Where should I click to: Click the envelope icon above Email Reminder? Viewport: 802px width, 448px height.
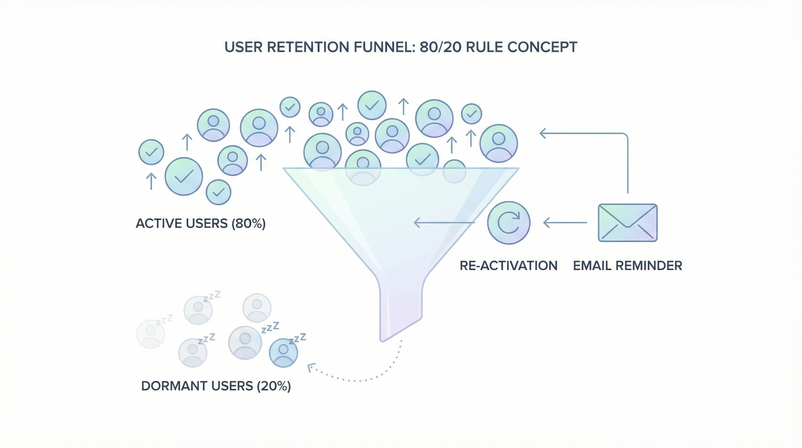pyautogui.click(x=628, y=223)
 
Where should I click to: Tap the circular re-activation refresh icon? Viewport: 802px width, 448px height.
pyautogui.click(x=509, y=223)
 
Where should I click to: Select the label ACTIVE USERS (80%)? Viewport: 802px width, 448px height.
pyautogui.click(x=200, y=224)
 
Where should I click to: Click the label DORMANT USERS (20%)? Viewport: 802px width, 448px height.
pyautogui.click(x=216, y=386)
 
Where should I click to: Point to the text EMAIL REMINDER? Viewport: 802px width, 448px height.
pyautogui.click(x=627, y=266)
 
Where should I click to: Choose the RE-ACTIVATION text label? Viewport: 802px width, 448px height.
pyautogui.click(x=509, y=266)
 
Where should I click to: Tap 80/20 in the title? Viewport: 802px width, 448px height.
pyautogui.click(x=440, y=47)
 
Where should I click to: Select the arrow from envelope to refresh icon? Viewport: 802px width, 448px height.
pyautogui.click(x=565, y=223)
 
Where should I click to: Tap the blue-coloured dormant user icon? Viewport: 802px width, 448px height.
pyautogui.click(x=283, y=353)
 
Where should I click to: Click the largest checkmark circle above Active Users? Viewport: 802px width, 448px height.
pyautogui.click(x=184, y=176)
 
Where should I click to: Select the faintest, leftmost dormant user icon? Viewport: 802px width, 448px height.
pyautogui.click(x=151, y=334)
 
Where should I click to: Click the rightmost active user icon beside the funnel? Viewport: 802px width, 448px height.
pyautogui.click(x=498, y=143)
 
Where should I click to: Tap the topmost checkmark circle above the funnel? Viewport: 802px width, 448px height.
pyautogui.click(x=372, y=105)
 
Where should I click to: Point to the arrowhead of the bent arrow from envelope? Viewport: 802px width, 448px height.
pyautogui.click(x=542, y=133)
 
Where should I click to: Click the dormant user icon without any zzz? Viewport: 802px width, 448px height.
pyautogui.click(x=257, y=308)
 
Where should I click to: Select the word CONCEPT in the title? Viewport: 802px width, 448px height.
pyautogui.click(x=542, y=47)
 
